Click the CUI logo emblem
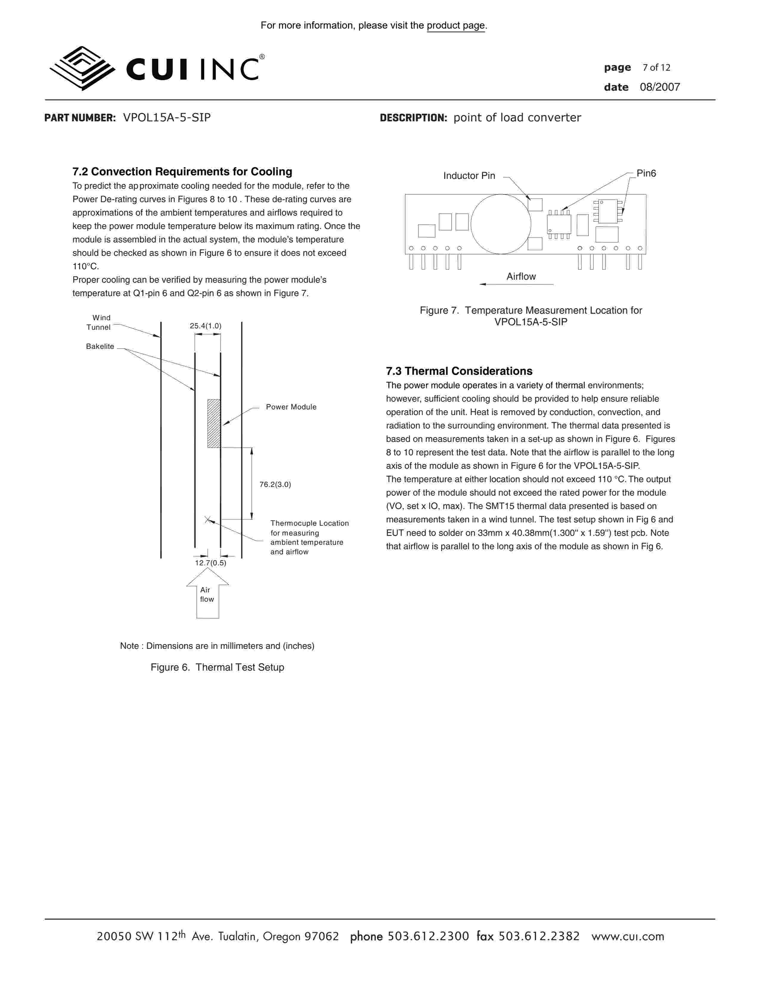(x=82, y=68)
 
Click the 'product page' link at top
(x=456, y=26)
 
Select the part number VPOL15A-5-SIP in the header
(x=167, y=117)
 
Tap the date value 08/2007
(x=660, y=87)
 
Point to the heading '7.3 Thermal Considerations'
(x=459, y=371)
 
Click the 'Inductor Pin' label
(x=469, y=176)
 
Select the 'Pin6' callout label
(x=646, y=174)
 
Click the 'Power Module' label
(x=291, y=407)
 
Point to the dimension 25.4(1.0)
(x=205, y=326)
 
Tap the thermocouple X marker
(x=207, y=520)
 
